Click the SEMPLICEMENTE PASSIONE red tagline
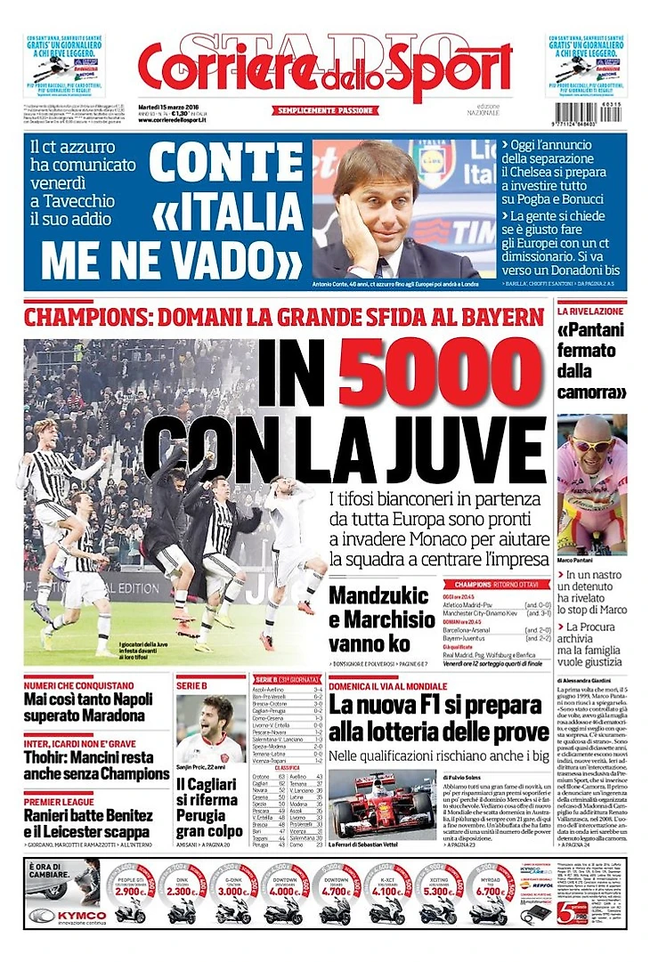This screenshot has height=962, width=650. click(325, 110)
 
